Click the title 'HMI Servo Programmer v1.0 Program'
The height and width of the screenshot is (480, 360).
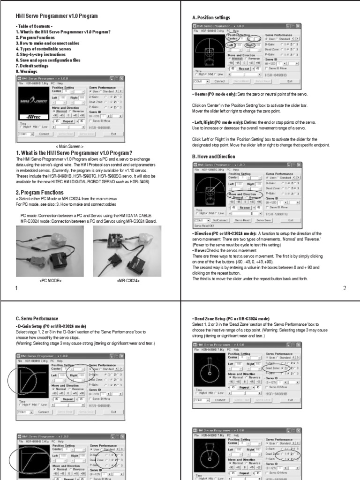click(57, 16)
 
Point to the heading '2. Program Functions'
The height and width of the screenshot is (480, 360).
click(43, 193)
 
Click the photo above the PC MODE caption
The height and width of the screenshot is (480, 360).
click(51, 251)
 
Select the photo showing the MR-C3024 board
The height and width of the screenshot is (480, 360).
click(127, 251)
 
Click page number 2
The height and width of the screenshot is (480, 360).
click(345, 288)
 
